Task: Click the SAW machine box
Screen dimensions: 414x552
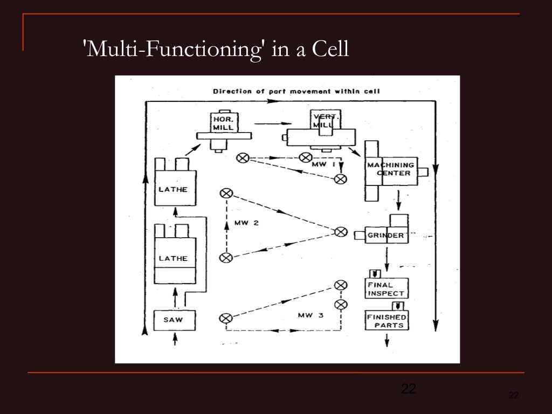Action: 174,320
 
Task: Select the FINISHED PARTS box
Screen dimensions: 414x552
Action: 387,321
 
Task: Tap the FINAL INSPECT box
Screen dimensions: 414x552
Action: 387,289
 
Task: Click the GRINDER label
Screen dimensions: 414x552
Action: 385,236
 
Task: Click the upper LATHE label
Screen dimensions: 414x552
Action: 173,189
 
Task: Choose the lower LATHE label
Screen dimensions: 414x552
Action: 173,258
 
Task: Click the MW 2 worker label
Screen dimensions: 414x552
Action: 246,223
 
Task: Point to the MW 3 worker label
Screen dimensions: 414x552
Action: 310,315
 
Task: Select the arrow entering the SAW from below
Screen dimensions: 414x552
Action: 174,339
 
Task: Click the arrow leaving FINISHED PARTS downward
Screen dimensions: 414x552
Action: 387,339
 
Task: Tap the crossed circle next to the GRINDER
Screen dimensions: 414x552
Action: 340,232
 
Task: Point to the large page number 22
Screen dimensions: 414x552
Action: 409,388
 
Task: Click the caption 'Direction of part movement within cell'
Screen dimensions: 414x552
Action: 296,91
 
